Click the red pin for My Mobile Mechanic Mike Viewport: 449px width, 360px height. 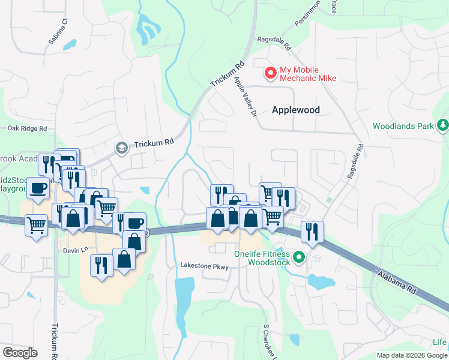point(271,73)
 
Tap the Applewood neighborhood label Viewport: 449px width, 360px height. point(296,110)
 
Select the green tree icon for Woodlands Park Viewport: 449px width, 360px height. point(443,125)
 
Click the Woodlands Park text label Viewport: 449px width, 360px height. point(403,127)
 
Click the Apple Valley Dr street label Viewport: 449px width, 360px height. point(246,96)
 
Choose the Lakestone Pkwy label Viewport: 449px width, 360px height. point(205,266)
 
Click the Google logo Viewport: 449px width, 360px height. point(20,353)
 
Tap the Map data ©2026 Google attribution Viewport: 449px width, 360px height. point(412,355)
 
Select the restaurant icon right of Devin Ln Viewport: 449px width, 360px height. point(100,265)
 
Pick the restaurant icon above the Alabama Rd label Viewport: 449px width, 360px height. point(312,231)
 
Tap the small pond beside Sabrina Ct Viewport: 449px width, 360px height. point(70,45)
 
